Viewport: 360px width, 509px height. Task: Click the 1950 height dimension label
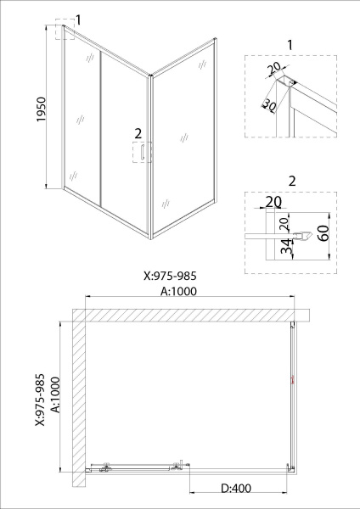pyautogui.click(x=42, y=109)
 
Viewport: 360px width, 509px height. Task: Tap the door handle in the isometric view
pyautogui.click(x=142, y=153)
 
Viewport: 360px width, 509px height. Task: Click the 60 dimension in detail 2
pyautogui.click(x=323, y=232)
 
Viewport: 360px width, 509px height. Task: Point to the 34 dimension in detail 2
pyautogui.click(x=286, y=247)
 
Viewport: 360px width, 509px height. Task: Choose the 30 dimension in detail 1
pyautogui.click(x=269, y=105)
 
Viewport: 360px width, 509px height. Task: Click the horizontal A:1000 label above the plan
pyautogui.click(x=178, y=291)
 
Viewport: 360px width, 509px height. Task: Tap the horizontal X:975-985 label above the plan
pyautogui.click(x=171, y=276)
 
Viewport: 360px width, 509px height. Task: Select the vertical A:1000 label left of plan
pyautogui.click(x=55, y=394)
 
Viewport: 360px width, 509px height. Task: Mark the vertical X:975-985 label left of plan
pyautogui.click(x=40, y=400)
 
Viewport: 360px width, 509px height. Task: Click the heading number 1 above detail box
pyautogui.click(x=290, y=45)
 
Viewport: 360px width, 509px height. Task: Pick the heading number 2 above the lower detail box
pyautogui.click(x=292, y=182)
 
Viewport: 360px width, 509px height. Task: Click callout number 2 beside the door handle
pyautogui.click(x=138, y=133)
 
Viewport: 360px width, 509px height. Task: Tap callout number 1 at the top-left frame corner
pyautogui.click(x=78, y=20)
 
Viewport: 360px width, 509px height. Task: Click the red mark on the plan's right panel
pyautogui.click(x=292, y=379)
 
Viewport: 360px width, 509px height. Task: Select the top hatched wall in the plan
pyautogui.click(x=191, y=315)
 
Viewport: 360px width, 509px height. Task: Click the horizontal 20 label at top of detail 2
pyautogui.click(x=273, y=202)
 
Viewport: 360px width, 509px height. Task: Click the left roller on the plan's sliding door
pyautogui.click(x=105, y=467)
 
